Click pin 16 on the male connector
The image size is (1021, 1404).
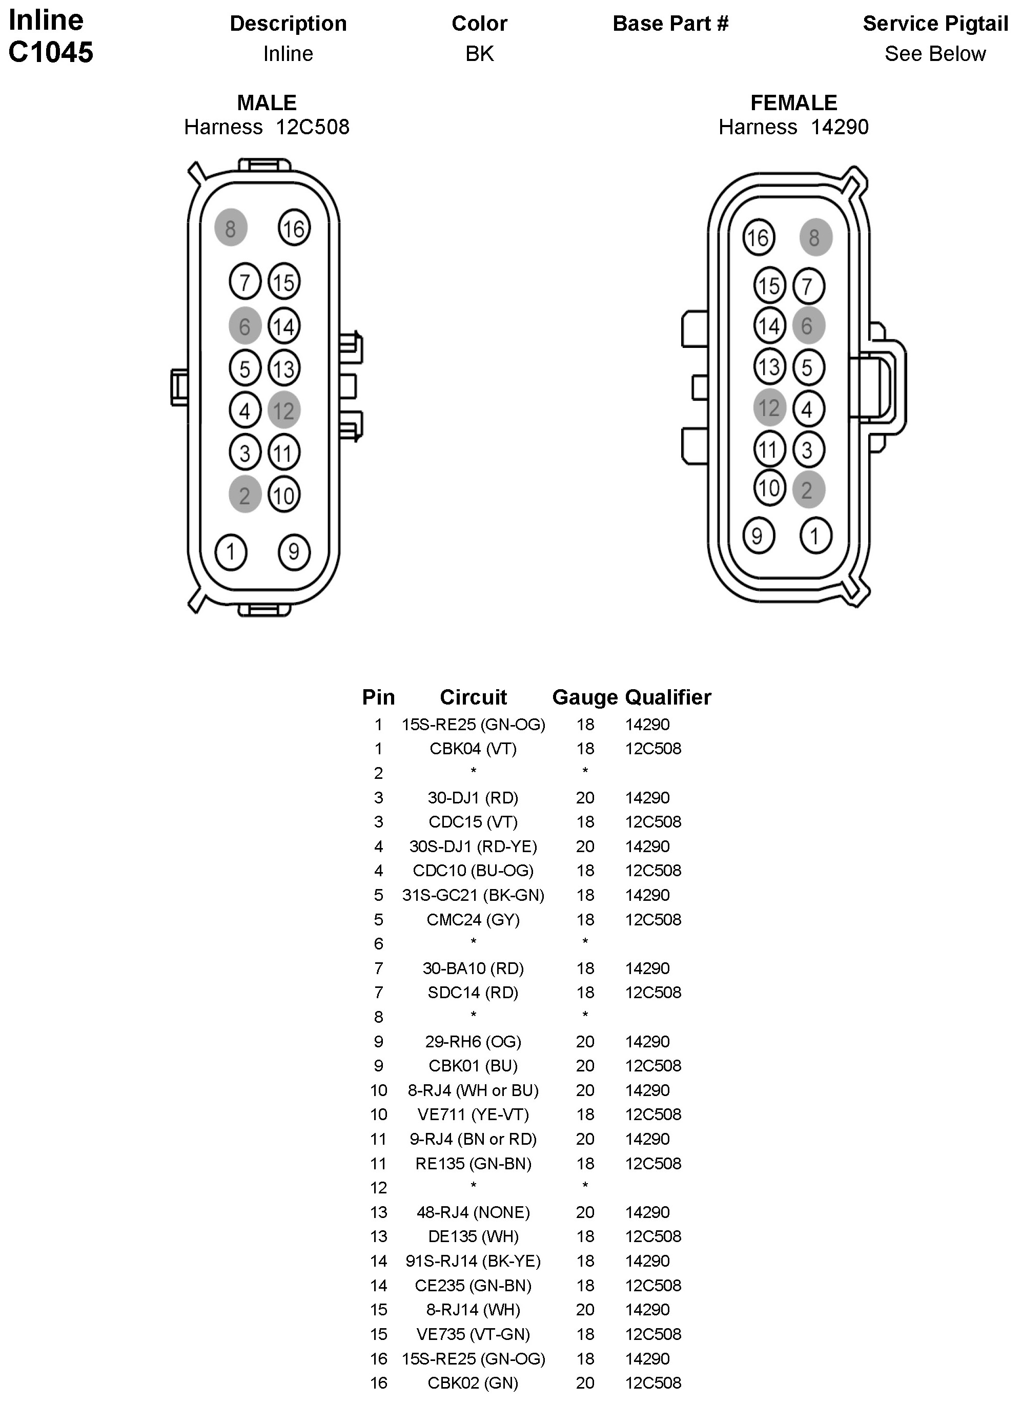[x=294, y=229]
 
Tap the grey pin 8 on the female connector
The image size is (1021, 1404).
[x=815, y=237]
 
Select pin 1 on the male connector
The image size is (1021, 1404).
[x=231, y=551]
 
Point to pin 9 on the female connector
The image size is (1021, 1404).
[x=758, y=535]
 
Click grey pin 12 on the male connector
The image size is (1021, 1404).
[x=283, y=410]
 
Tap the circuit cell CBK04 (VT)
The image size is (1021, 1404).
[x=473, y=749]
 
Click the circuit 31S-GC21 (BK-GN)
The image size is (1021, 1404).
[x=473, y=895]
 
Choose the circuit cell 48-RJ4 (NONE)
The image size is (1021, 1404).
[x=473, y=1211]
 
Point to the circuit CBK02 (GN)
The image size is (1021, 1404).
[x=473, y=1382]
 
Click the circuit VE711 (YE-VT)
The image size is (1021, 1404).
[x=473, y=1114]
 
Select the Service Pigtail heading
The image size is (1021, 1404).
[x=935, y=24]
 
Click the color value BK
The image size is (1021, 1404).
[x=479, y=54]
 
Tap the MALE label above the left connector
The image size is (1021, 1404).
[x=267, y=102]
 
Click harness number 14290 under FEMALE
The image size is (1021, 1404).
[x=840, y=127]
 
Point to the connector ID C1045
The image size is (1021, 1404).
[x=51, y=52]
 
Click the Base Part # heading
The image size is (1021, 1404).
[x=670, y=24]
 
